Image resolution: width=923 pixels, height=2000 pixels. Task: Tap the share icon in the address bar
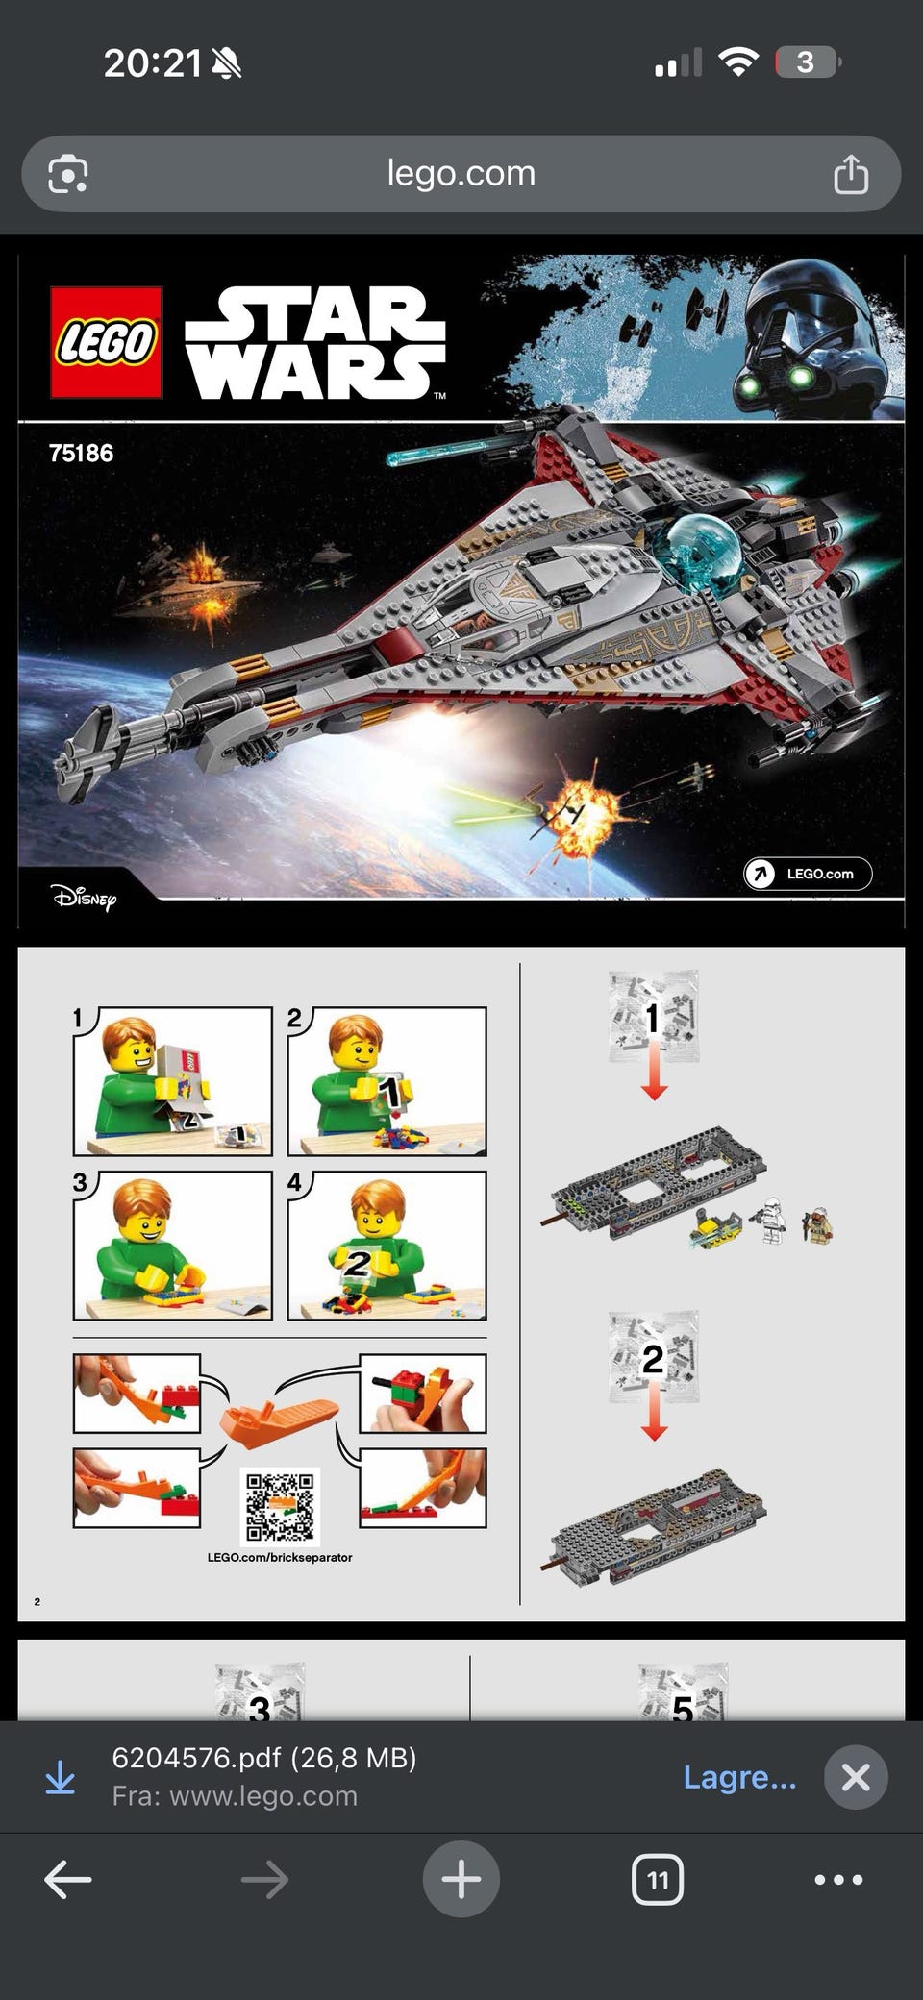pos(851,175)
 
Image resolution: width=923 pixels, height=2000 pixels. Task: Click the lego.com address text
pos(461,173)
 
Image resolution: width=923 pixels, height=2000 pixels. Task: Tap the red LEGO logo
pos(106,342)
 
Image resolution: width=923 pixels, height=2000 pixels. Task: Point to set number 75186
pos(81,453)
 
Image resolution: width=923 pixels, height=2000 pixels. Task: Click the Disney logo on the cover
pos(85,898)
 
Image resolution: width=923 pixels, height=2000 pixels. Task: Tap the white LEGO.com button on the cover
pos(808,874)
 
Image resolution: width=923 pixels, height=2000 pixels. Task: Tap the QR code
pos(280,1506)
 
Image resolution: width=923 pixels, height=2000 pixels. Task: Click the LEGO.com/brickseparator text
pos(280,1557)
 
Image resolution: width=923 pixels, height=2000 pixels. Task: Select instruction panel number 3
pos(173,1246)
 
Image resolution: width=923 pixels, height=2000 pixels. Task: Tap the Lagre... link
pos(739,1777)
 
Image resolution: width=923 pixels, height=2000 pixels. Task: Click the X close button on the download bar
pos(856,1777)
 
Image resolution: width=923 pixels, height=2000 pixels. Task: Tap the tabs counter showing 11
pos(658,1879)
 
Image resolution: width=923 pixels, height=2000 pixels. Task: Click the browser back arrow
pos(68,1879)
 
